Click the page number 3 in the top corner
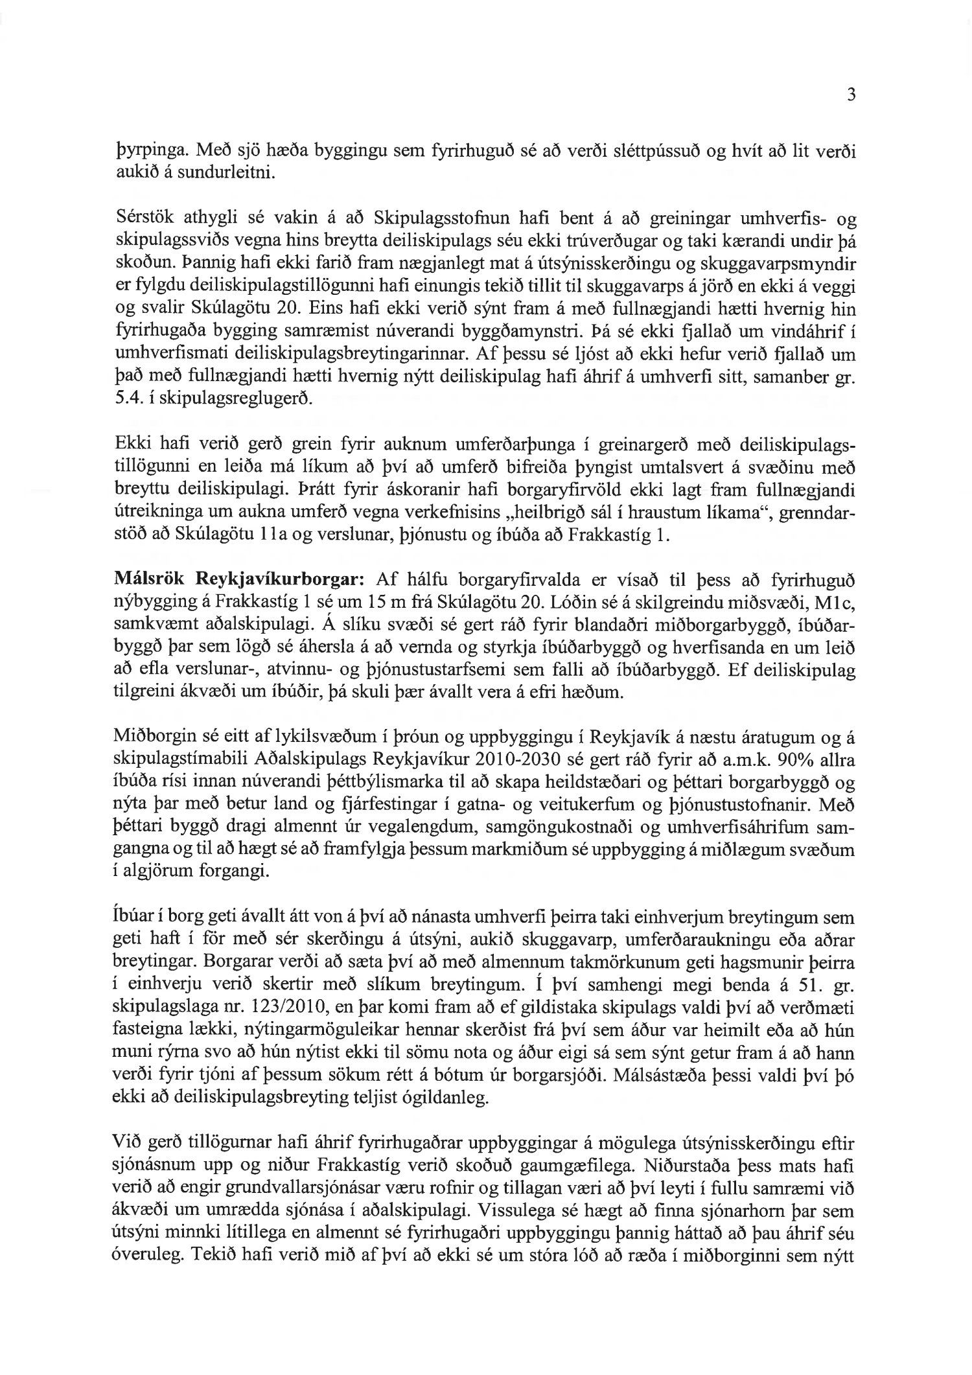pos(851,95)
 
